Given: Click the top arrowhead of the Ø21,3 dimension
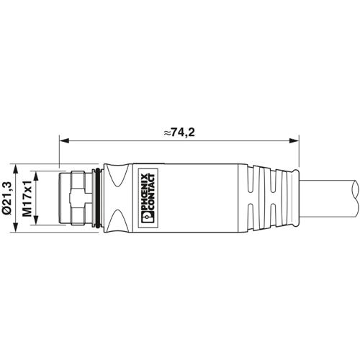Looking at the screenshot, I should coord(15,165).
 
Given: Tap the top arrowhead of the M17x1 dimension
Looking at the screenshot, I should coord(35,172).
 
